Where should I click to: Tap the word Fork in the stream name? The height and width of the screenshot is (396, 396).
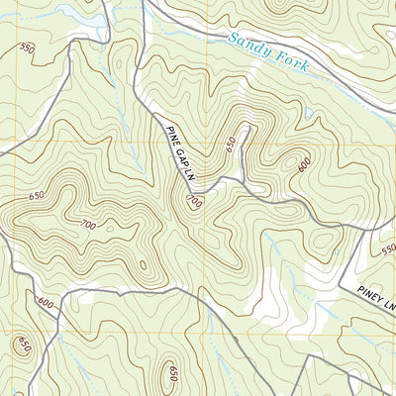point(294,66)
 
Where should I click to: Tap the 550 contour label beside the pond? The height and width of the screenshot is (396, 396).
point(27,48)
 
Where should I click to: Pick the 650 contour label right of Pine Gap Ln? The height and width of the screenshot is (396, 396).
point(231,145)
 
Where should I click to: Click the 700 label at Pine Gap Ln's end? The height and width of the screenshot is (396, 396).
point(194,202)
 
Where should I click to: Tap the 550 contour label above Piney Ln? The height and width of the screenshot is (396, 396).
point(387,249)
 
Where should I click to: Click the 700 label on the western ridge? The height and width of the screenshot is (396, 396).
point(87,226)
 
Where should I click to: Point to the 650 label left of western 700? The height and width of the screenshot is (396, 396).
point(37,196)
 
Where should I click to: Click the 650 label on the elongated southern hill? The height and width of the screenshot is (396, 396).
point(172,373)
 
